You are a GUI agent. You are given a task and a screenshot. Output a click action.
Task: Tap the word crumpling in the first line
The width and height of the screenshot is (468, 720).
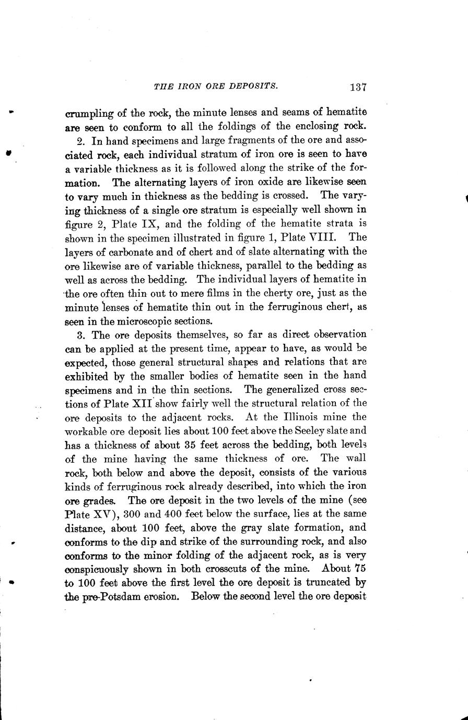pyautogui.click(x=86, y=112)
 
